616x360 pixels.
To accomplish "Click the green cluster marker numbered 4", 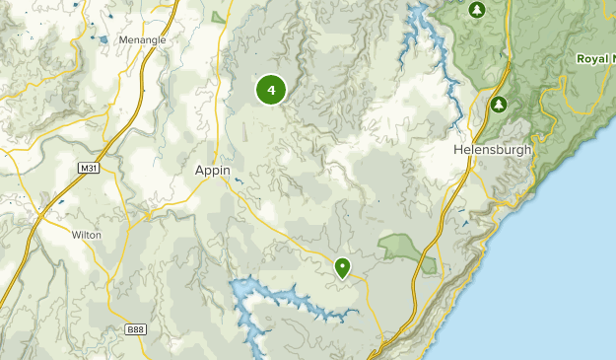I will coord(271,90).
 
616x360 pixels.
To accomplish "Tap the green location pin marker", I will coord(342,266).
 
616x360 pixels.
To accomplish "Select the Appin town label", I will coord(212,171).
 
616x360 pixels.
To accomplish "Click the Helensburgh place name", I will coord(492,150).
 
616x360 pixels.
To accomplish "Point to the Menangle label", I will coord(142,39).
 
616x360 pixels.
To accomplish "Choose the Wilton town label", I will coord(87,236).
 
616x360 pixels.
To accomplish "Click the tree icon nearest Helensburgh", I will coord(499,104).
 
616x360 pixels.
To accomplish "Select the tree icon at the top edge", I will coord(477,10).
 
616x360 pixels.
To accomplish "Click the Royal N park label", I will coord(595,59).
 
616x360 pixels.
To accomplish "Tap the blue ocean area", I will coord(582,247).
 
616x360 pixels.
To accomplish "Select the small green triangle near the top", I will coord(218,17).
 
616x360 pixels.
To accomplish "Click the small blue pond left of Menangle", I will coord(102,41).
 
